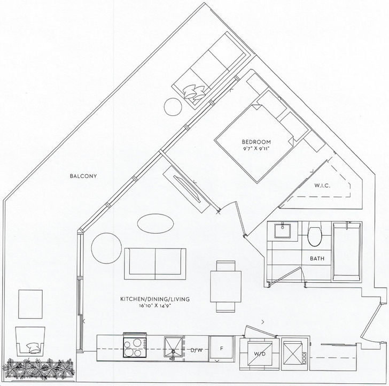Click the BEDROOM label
256,142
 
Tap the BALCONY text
83,176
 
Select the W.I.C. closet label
322,186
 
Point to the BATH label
317,258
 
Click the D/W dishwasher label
197,350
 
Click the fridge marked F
222,349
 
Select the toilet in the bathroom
314,234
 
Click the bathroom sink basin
282,230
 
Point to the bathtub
347,251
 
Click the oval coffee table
155,223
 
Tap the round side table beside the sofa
106,248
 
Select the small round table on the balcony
173,107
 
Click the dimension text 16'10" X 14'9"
155,306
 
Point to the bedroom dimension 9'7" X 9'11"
256,149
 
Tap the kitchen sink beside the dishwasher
174,348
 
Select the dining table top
225,287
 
